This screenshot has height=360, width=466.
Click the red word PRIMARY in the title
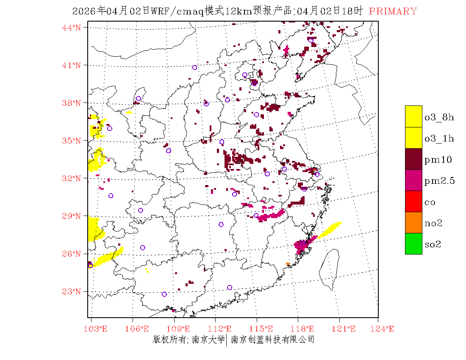pyautogui.click(x=393, y=11)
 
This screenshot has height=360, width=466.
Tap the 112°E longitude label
pyautogui.click(x=222, y=329)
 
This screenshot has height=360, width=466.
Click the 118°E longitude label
pyautogui.click(x=304, y=329)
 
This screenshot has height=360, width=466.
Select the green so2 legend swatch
pyautogui.click(x=413, y=244)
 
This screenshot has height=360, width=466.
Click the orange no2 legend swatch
pyautogui.click(x=413, y=222)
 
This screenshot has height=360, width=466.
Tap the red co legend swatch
pyautogui.click(x=413, y=201)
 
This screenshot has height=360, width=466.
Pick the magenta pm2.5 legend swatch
pyautogui.click(x=413, y=180)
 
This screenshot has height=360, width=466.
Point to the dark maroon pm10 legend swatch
pyautogui.click(x=413, y=159)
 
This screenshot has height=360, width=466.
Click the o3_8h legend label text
pyautogui.click(x=439, y=117)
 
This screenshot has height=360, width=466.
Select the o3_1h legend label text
pyautogui.click(x=439, y=138)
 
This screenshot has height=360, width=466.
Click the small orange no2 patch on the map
pyautogui.click(x=288, y=264)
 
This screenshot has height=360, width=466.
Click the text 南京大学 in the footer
pyautogui.click(x=208, y=339)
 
